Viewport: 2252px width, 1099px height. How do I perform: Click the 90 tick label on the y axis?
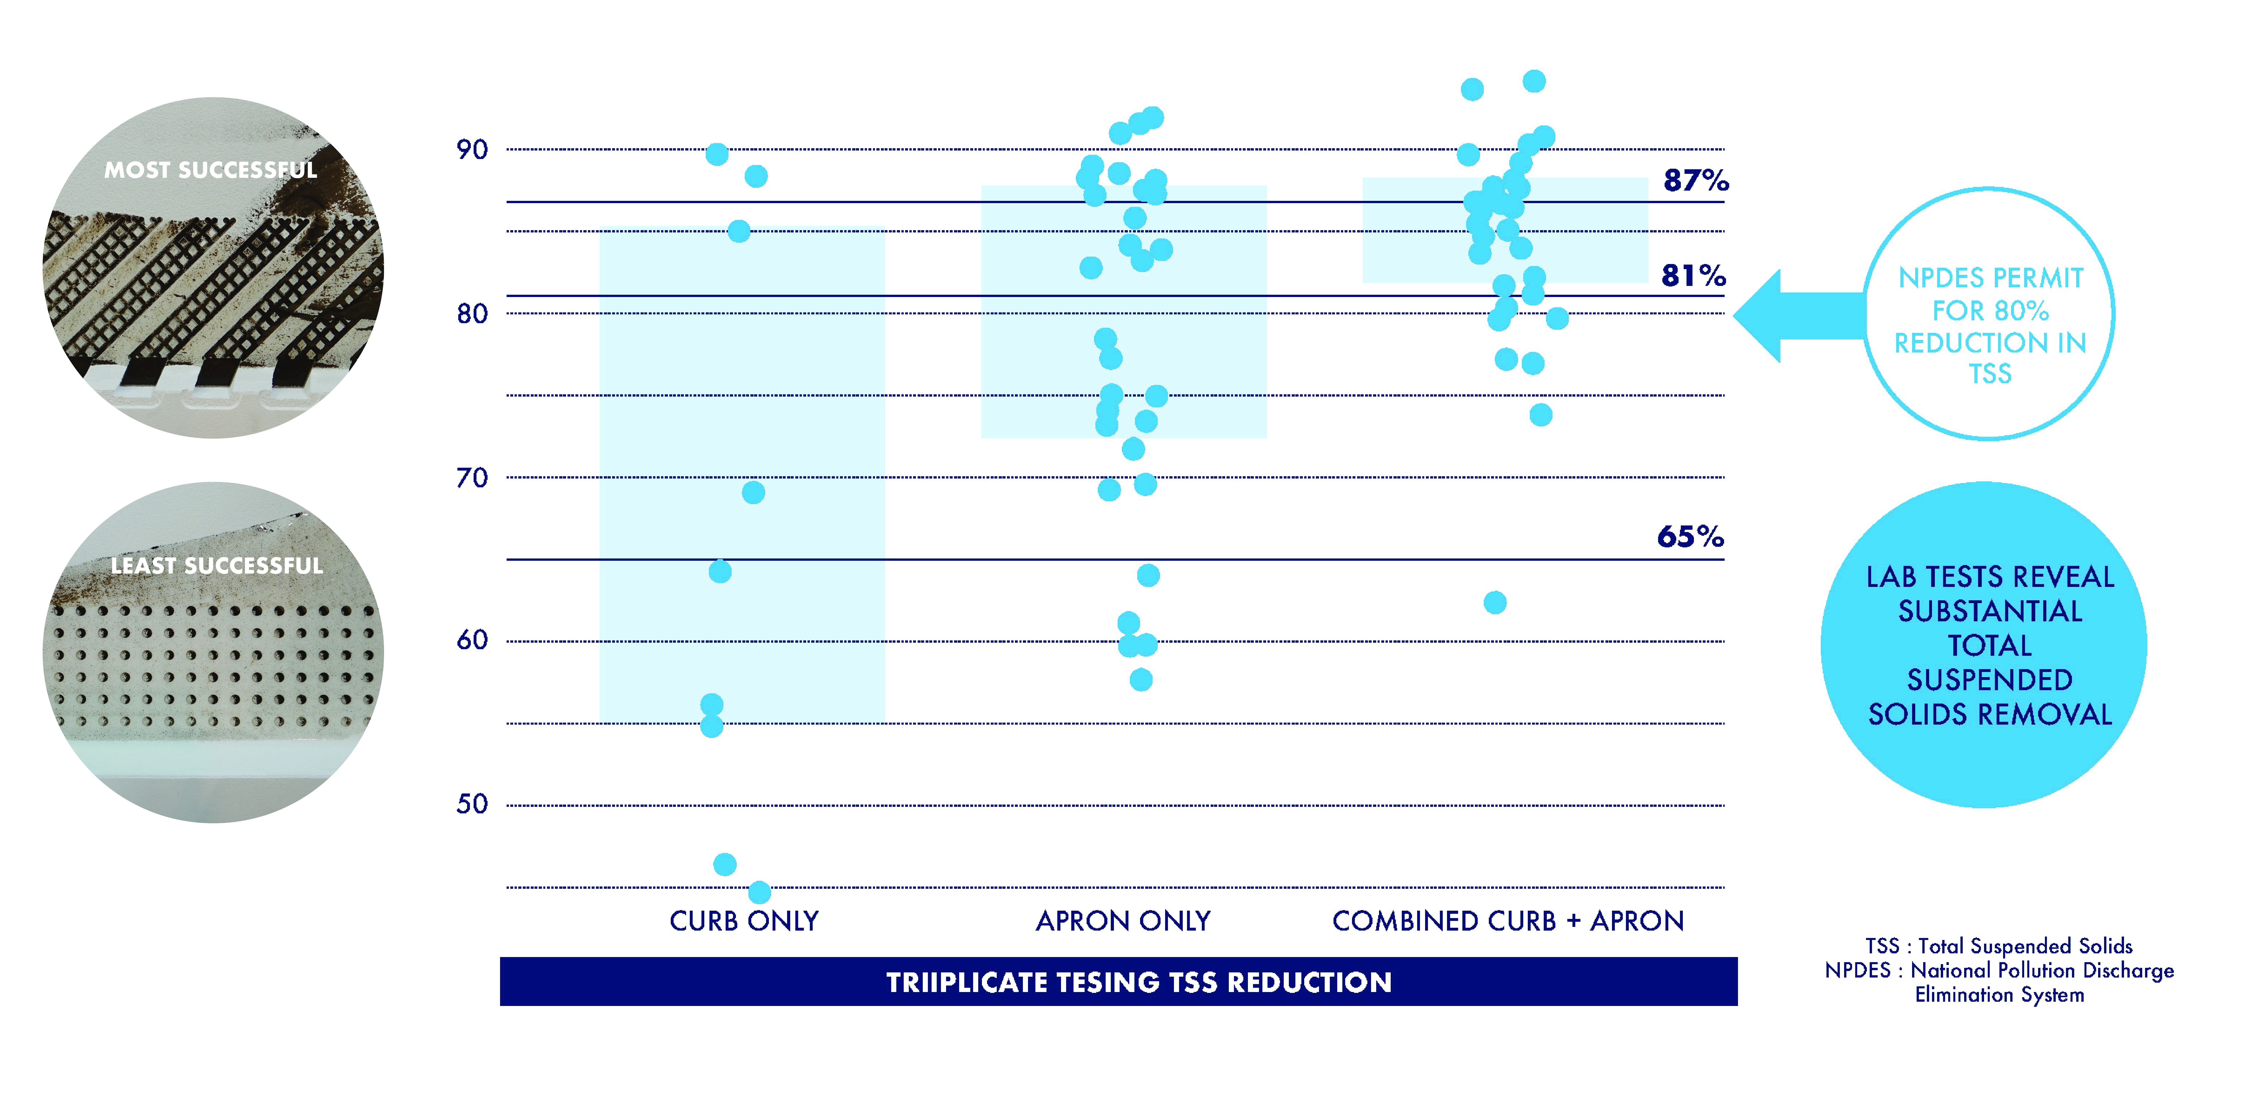pyautogui.click(x=472, y=150)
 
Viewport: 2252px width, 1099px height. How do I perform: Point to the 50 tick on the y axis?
pyautogui.click(x=472, y=804)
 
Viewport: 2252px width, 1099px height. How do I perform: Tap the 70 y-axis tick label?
pyautogui.click(x=472, y=477)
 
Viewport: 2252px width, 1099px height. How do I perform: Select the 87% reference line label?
pyautogui.click(x=1695, y=180)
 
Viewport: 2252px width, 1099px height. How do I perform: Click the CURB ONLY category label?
pyautogui.click(x=744, y=921)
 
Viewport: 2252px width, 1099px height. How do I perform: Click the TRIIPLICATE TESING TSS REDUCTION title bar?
pyautogui.click(x=1138, y=982)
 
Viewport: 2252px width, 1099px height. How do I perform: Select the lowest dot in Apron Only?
pyautogui.click(x=1141, y=679)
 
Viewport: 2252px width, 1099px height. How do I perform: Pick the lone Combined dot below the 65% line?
pyautogui.click(x=1495, y=602)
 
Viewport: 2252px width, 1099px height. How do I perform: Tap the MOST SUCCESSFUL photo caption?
pyautogui.click(x=211, y=170)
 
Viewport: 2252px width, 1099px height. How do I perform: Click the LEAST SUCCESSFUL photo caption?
pyautogui.click(x=217, y=566)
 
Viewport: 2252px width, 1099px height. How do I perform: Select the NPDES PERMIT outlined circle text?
pyautogui.click(x=1990, y=325)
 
